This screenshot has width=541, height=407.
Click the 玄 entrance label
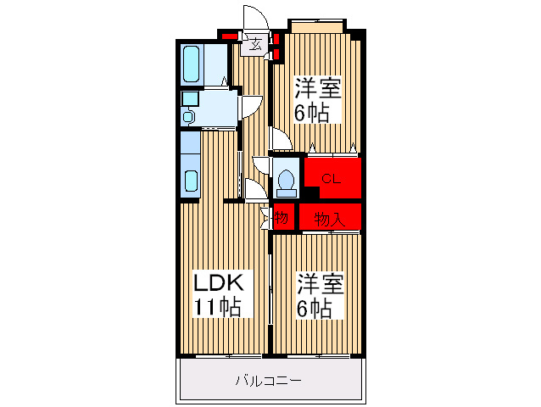pos(254,46)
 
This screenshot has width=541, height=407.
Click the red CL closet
pos(332,179)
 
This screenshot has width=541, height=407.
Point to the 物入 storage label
pos(328,218)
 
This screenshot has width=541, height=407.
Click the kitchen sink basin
pos(191,181)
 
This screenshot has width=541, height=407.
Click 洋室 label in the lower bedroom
pos(320,283)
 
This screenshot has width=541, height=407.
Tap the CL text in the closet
pos(331,179)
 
